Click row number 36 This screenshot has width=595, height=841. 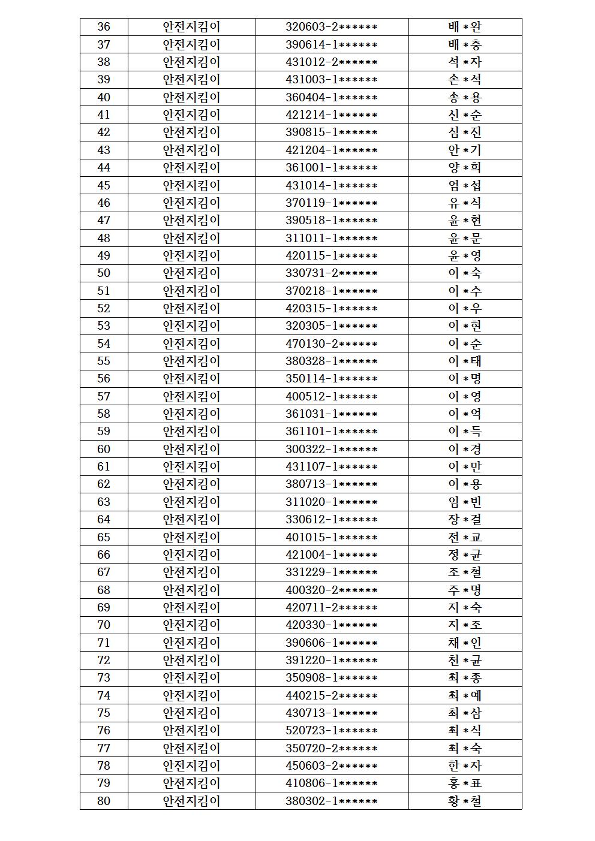pyautogui.click(x=104, y=27)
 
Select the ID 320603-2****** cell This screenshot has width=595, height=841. pyautogui.click(x=331, y=27)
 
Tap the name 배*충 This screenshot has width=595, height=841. pyautogui.click(x=465, y=44)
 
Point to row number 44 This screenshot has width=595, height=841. pyautogui.click(x=104, y=168)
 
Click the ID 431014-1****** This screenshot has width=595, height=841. pyautogui.click(x=331, y=185)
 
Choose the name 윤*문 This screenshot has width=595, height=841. pyautogui.click(x=465, y=238)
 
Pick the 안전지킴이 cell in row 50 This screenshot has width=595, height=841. pyautogui.click(x=191, y=273)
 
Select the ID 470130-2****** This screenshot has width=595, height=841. pyautogui.click(x=331, y=343)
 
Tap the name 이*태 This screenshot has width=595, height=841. pyautogui.click(x=465, y=361)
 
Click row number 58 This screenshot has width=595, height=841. pyautogui.click(x=104, y=414)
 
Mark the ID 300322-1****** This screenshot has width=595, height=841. pyautogui.click(x=331, y=449)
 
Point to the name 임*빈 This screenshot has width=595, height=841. pyautogui.click(x=465, y=502)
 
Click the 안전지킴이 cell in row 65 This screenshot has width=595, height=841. pyautogui.click(x=191, y=537)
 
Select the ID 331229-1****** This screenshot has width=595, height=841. pyautogui.click(x=331, y=572)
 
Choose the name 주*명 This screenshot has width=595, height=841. pyautogui.click(x=465, y=590)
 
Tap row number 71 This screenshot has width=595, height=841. pyautogui.click(x=104, y=643)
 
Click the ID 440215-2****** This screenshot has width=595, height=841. pyautogui.click(x=331, y=695)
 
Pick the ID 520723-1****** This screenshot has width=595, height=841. pyautogui.click(x=331, y=731)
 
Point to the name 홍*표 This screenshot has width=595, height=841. pyautogui.click(x=465, y=783)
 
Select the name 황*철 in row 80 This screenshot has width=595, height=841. pyautogui.click(x=465, y=801)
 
